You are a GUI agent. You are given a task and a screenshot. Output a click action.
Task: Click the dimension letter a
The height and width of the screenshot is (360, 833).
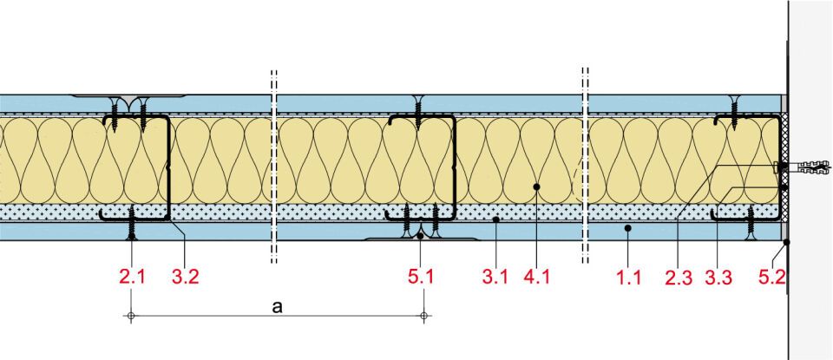[276, 307]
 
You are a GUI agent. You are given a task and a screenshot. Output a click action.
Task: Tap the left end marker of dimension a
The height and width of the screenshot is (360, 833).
[130, 316]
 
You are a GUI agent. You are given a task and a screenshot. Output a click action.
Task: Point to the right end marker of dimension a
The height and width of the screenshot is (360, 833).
[423, 316]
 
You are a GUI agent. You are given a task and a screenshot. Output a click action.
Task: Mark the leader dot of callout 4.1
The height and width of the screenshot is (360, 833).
[537, 186]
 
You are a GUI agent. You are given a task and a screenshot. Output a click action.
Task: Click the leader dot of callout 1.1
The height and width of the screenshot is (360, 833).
[627, 228]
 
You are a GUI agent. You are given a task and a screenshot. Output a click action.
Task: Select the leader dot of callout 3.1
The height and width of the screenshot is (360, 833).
[495, 220]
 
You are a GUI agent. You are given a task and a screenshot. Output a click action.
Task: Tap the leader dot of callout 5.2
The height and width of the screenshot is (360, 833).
[786, 243]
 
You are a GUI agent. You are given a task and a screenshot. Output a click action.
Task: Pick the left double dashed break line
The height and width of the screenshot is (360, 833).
[273, 165]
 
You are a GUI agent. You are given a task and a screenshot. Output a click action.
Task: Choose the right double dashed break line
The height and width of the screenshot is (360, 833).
[586, 165]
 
